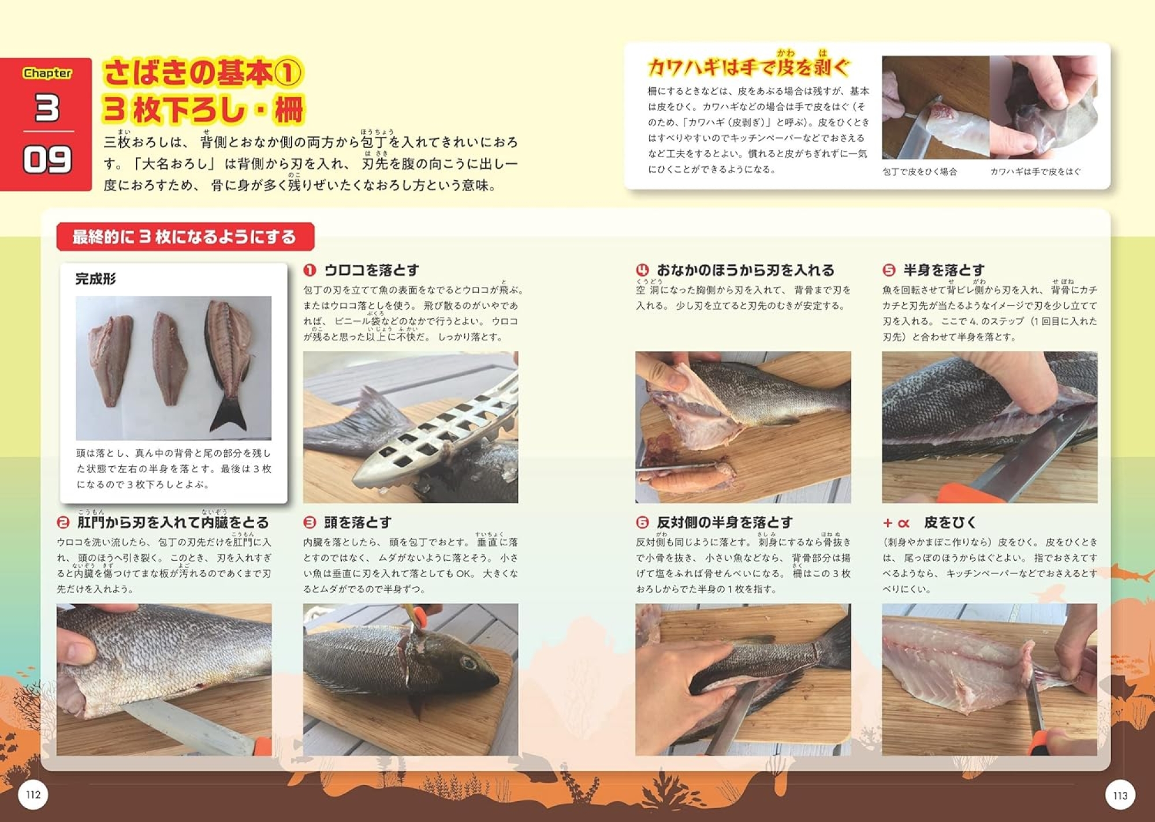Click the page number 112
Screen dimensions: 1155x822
[33, 795]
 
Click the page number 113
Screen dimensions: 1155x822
[1120, 795]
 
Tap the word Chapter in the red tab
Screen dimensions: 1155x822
[47, 73]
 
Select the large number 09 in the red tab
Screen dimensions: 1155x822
[47, 160]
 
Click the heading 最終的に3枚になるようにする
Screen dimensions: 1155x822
[184, 237]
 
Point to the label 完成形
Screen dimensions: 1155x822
[96, 279]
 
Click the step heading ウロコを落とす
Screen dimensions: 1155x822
[371, 270]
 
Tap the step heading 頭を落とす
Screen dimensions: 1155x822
[357, 522]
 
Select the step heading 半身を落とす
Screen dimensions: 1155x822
[944, 270]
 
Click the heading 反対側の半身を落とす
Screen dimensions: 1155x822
[725, 522]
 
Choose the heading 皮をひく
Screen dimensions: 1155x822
[950, 522]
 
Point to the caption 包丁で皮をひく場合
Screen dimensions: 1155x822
[919, 172]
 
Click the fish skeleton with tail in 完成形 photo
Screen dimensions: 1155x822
[228, 364]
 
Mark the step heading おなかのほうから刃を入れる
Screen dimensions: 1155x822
[746, 270]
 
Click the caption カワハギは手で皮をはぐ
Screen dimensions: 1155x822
[1035, 172]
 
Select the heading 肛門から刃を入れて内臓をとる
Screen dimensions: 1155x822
[173, 522]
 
